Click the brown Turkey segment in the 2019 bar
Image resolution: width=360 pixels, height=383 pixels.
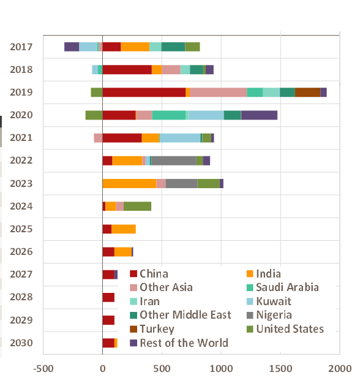click(307, 93)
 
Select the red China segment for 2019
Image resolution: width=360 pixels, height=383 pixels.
click(144, 93)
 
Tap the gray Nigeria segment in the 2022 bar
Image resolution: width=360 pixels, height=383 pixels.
click(174, 161)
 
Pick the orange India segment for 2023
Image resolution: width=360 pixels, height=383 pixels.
click(129, 183)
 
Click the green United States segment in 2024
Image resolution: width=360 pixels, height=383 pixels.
click(137, 206)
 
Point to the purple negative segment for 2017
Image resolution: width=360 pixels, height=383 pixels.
click(72, 47)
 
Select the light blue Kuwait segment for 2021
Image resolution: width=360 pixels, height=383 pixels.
click(180, 138)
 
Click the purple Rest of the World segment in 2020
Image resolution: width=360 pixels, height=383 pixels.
click(259, 115)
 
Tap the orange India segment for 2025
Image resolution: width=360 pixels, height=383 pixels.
click(124, 229)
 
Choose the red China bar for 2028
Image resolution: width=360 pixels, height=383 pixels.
click(108, 297)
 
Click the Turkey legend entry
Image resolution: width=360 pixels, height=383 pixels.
click(152, 329)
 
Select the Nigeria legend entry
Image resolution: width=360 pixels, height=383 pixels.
click(269, 315)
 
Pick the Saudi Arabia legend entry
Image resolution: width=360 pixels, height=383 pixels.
click(283, 287)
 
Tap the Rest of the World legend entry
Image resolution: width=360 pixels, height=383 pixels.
click(179, 343)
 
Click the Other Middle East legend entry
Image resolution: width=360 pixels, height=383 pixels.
click(181, 315)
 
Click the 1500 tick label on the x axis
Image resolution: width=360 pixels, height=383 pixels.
click(280, 368)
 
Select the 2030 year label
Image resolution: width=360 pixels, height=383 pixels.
click(21, 343)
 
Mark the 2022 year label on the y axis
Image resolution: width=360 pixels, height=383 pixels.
click(21, 161)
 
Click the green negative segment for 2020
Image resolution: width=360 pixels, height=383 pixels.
click(94, 115)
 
